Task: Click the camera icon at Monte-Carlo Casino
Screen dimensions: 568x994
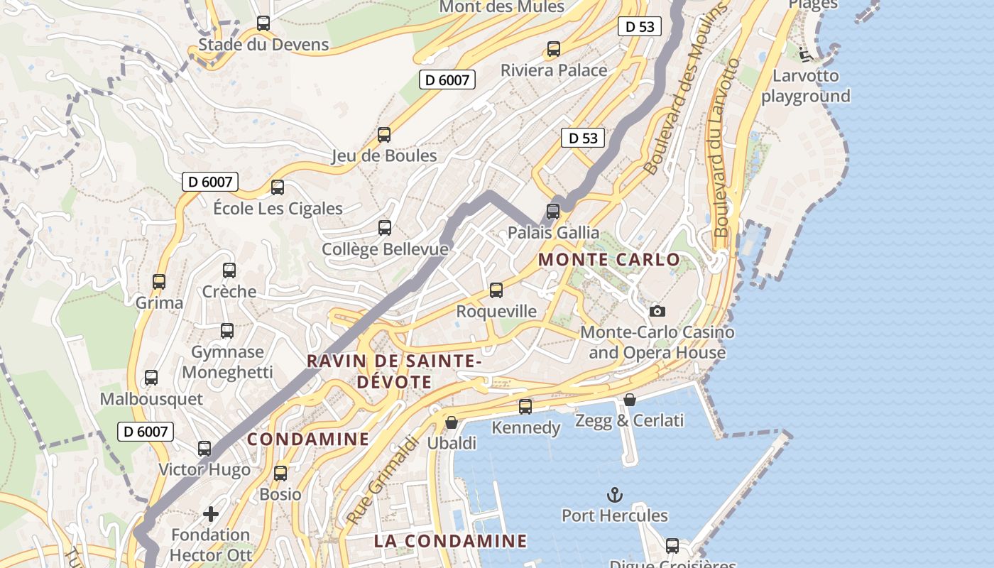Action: tap(657, 311)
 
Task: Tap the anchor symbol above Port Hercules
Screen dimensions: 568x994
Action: tap(613, 495)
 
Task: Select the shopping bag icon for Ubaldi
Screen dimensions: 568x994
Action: tap(451, 422)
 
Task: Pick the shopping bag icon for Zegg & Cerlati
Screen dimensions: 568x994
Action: tap(629, 400)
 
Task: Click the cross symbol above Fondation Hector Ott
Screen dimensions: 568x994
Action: tap(211, 513)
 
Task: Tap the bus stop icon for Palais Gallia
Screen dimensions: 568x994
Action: tap(552, 211)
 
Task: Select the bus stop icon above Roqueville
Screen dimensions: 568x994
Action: tap(496, 290)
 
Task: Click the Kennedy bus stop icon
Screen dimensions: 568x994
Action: tap(525, 406)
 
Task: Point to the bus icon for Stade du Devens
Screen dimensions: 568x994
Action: tap(263, 23)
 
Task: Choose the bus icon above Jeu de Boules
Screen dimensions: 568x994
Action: tap(384, 134)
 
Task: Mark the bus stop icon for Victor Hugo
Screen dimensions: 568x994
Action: tap(204, 448)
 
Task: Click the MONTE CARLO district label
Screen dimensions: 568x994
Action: tap(609, 260)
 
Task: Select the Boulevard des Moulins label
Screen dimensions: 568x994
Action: tap(686, 89)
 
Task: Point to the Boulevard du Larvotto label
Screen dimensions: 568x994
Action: tap(727, 148)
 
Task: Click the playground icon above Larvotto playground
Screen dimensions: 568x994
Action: tap(805, 54)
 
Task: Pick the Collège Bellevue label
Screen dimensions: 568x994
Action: tap(385, 249)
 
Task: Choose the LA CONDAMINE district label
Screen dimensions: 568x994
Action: tap(450, 541)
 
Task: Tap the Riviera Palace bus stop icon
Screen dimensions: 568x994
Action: tap(554, 49)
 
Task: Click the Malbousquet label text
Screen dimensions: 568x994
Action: tap(151, 399)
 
